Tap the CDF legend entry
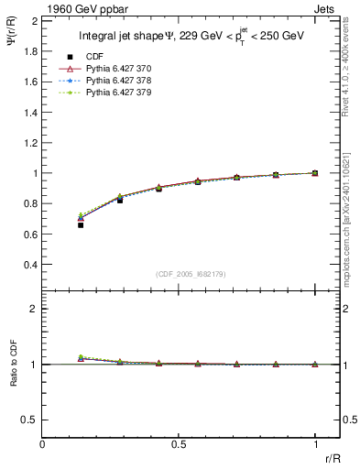pyautogui.click(x=94, y=57)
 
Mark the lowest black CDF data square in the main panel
pyautogui.click(x=81, y=224)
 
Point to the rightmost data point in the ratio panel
pyautogui.click(x=315, y=365)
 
